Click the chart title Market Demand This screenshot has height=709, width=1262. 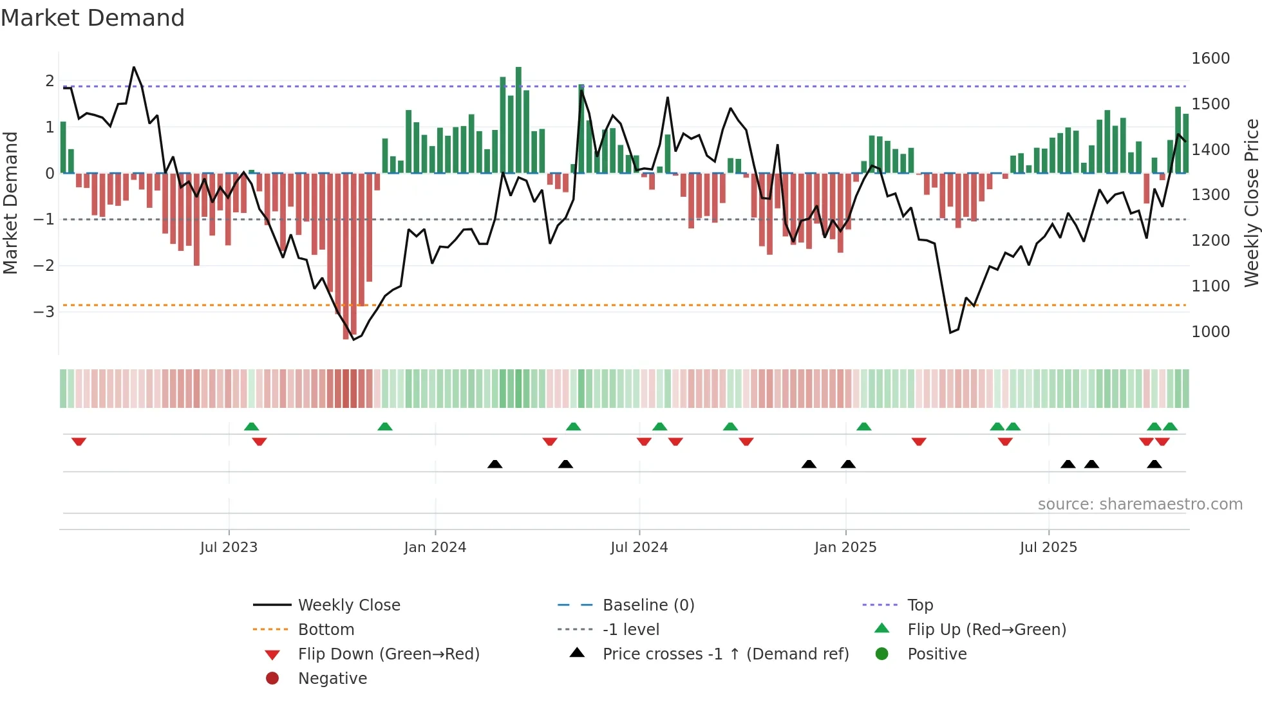click(93, 18)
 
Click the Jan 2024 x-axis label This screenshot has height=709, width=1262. click(435, 548)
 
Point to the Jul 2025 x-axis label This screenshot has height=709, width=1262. click(1048, 548)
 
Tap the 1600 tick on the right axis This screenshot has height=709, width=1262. click(1210, 59)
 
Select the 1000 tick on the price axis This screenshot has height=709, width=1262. click(1210, 332)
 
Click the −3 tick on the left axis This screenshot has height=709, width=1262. click(44, 312)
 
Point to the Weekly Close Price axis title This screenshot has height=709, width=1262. click(1251, 203)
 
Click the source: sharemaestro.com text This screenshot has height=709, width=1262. click(1140, 504)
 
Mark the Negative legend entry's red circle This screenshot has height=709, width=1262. click(272, 679)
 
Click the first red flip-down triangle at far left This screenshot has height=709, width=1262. click(79, 441)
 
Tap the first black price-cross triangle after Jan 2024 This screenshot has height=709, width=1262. click(494, 464)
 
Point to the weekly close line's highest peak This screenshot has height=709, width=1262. click(134, 67)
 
